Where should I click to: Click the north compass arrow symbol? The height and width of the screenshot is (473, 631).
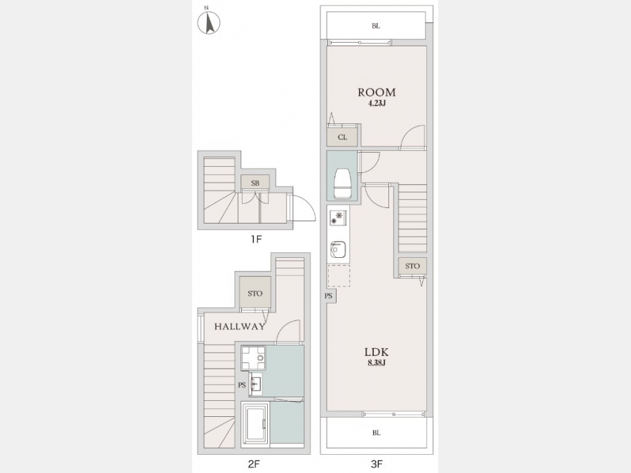click(x=209, y=22)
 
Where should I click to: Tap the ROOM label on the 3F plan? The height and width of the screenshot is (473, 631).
click(x=376, y=92)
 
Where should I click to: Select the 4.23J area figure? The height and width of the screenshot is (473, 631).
click(x=377, y=104)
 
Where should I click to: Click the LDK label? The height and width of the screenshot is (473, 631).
click(x=376, y=352)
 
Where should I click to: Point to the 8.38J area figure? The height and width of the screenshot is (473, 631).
click(x=377, y=364)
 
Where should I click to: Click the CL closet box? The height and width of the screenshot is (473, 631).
click(x=342, y=137)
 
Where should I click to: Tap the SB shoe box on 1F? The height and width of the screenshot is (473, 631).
click(x=255, y=183)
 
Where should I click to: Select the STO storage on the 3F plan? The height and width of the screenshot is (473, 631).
click(x=412, y=266)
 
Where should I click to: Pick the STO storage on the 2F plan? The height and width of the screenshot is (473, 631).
click(x=255, y=293)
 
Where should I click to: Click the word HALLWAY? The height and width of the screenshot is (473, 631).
click(x=240, y=326)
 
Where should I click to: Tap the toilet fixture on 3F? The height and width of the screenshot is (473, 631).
click(x=342, y=183)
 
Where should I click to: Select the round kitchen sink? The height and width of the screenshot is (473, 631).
click(x=337, y=249)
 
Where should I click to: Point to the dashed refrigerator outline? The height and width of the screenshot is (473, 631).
click(x=339, y=275)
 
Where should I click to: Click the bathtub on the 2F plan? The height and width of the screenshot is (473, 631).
click(x=255, y=424)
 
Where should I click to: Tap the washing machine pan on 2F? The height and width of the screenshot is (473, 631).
click(x=253, y=358)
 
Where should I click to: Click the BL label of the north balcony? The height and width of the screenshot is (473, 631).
click(x=376, y=26)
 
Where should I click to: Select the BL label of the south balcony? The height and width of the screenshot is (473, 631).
click(x=376, y=433)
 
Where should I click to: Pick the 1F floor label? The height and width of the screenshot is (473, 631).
click(x=256, y=240)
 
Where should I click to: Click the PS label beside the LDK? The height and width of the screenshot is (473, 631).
click(x=329, y=296)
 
